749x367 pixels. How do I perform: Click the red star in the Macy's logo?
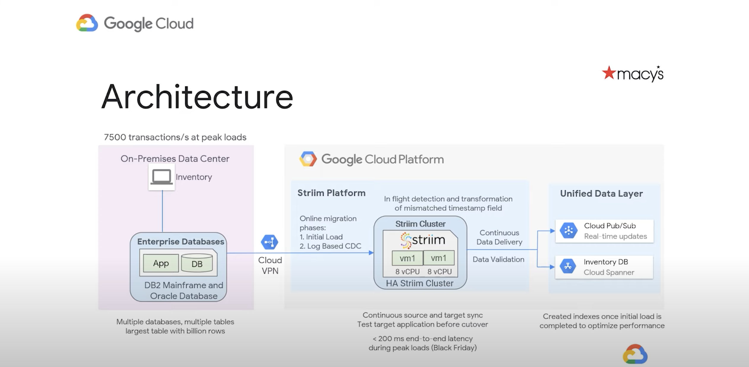[609, 72]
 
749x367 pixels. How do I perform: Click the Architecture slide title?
[197, 97]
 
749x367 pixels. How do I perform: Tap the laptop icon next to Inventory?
[161, 177]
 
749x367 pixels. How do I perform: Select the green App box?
[161, 263]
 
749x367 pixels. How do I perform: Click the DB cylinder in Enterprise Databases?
[197, 263]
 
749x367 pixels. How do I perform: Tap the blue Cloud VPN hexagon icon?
[269, 242]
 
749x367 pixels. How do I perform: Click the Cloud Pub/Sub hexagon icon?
[568, 231]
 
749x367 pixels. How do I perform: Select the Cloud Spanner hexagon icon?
[568, 266]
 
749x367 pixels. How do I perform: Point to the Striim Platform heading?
[331, 193]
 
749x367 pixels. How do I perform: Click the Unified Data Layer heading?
[601, 194]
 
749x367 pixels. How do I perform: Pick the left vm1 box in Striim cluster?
[407, 258]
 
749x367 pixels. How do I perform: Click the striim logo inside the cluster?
[423, 240]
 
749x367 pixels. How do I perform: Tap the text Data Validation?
[498, 260]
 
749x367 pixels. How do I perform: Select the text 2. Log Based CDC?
[330, 246]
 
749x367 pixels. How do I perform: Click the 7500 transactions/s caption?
[175, 137]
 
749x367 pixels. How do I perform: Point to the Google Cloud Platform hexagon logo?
[308, 159]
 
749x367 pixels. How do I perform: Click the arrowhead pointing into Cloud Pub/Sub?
[552, 231]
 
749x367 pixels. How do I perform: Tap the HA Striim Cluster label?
[419, 283]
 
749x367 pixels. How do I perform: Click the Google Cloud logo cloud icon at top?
[87, 23]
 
